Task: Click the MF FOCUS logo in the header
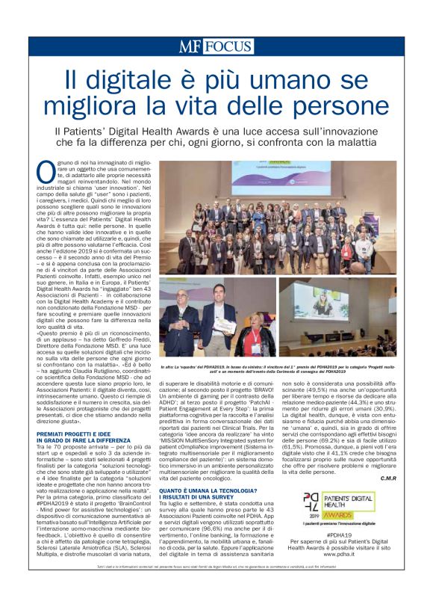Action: (216, 46)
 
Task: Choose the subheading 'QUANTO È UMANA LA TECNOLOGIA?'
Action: (208, 491)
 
